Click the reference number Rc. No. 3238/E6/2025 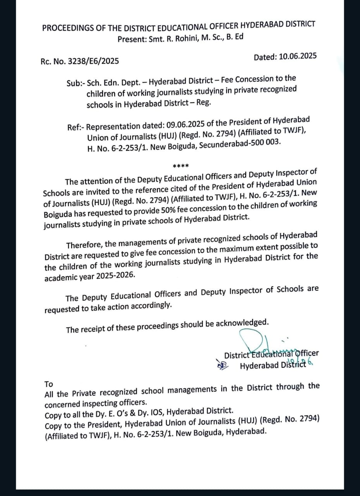pos(79,61)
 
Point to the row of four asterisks pos(181,166)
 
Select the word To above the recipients pos(48,384)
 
